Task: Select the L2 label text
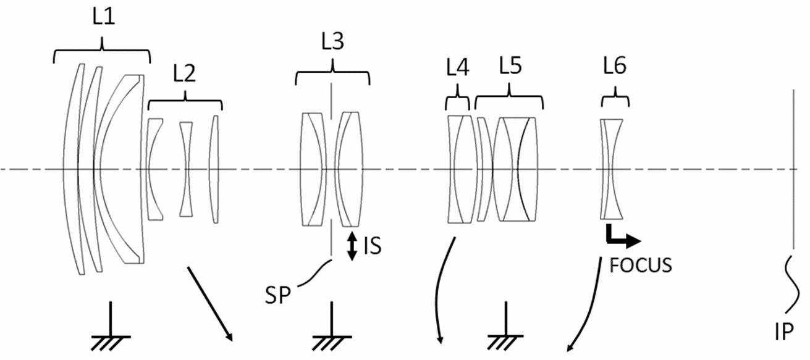click(184, 73)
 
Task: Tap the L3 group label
click(332, 41)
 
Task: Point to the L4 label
click(458, 67)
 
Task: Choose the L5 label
click(510, 66)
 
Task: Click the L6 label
click(615, 66)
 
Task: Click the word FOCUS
click(641, 266)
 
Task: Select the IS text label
click(373, 246)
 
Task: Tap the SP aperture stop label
click(277, 295)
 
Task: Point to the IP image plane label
click(784, 332)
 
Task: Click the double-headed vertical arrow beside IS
click(352, 246)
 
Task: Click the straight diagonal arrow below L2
click(209, 304)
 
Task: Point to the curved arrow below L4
click(438, 289)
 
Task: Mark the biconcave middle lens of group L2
click(186, 169)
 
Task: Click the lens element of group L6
click(612, 169)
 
